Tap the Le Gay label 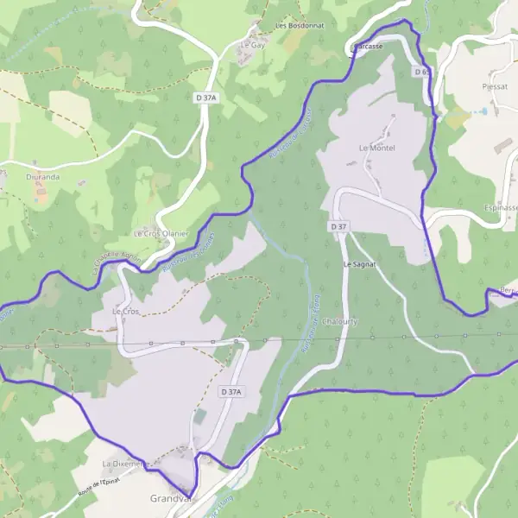pyautogui.click(x=251, y=44)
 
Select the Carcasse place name pyautogui.click(x=368, y=46)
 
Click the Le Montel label pyautogui.click(x=376, y=148)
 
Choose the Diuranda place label pyautogui.click(x=43, y=177)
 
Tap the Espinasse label pyautogui.click(x=500, y=208)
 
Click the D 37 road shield pyautogui.click(x=338, y=226)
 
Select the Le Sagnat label pyautogui.click(x=358, y=264)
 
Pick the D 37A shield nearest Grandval pyautogui.click(x=230, y=392)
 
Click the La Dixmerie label pyautogui.click(x=124, y=464)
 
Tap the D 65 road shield pyautogui.click(x=421, y=73)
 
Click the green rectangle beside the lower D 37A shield pyautogui.click(x=201, y=416)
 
